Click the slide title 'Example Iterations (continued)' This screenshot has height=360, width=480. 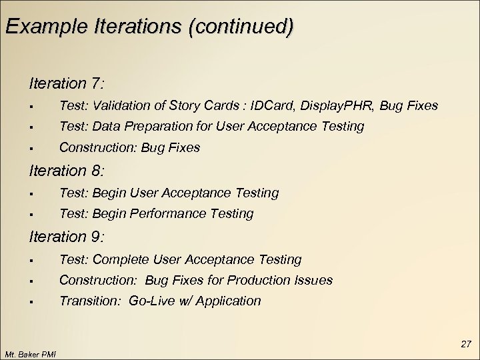[148, 27]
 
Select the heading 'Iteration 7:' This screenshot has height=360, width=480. [66, 84]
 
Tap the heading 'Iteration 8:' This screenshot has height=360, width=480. [66, 171]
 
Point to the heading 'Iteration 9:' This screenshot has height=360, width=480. [66, 237]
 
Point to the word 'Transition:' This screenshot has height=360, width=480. [87, 301]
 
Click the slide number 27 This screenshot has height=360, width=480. [465, 344]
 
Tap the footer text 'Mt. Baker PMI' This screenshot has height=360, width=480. [30, 353]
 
